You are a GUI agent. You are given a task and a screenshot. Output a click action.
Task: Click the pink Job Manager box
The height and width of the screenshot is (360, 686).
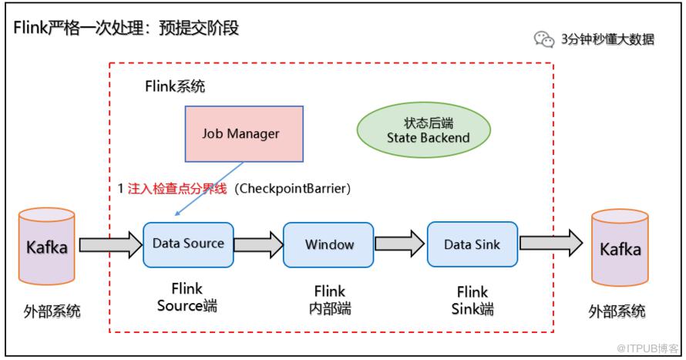[x=240, y=133]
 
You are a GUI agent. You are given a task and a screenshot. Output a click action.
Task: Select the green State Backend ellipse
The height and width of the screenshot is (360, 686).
[x=423, y=130]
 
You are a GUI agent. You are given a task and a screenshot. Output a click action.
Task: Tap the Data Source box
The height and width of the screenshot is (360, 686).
[x=188, y=244]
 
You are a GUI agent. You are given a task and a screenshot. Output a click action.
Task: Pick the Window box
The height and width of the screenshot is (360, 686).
[x=328, y=245]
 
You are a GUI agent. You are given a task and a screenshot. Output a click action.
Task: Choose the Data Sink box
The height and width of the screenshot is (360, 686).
[x=472, y=245]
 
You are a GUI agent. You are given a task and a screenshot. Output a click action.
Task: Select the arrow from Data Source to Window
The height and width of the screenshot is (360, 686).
[x=258, y=245]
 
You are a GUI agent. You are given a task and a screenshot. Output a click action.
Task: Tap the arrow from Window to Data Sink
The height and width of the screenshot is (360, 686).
[x=400, y=245]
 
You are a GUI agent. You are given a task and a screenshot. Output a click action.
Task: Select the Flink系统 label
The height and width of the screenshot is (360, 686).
[x=175, y=86]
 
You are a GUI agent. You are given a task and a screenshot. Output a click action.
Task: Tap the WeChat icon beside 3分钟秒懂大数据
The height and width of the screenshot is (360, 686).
[x=544, y=39]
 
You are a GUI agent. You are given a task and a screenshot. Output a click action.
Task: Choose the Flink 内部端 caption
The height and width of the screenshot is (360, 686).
[x=329, y=301]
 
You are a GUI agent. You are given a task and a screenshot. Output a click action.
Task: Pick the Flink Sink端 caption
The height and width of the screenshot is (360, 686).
[x=472, y=301]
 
